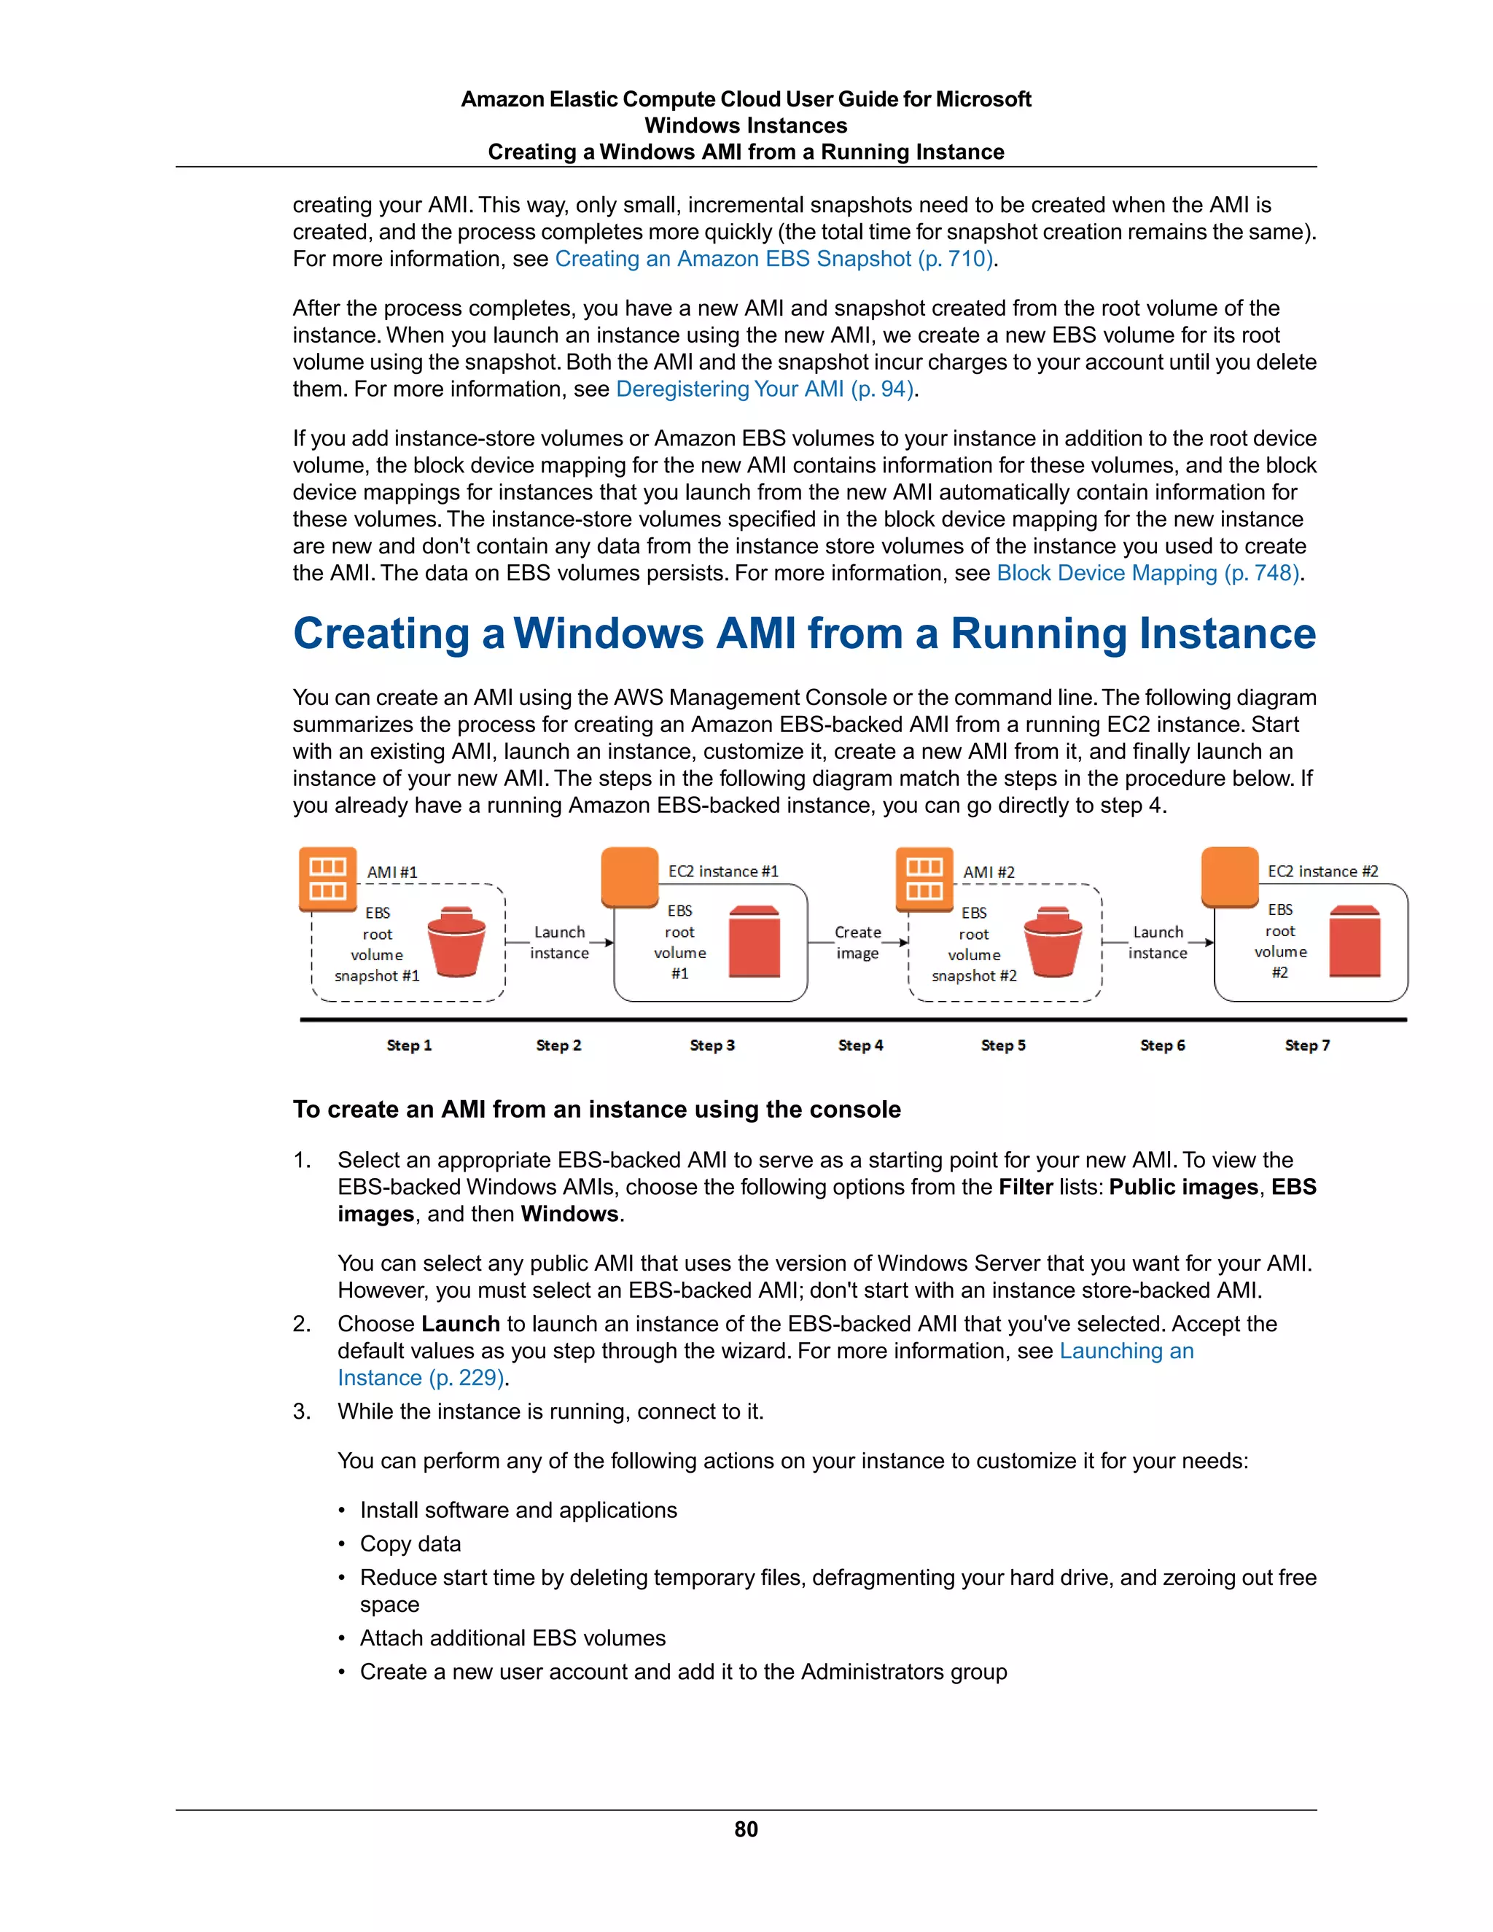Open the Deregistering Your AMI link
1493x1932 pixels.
point(765,389)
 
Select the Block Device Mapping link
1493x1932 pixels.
point(1148,573)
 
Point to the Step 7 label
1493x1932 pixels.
point(1307,1045)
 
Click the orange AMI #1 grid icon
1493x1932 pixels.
point(328,879)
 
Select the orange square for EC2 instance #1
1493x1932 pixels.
point(630,876)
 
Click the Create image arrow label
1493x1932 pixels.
point(857,943)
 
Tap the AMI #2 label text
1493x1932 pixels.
point(989,872)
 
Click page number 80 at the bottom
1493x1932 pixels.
point(746,1829)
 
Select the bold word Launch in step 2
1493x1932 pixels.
point(461,1324)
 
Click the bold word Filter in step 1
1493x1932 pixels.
point(1025,1187)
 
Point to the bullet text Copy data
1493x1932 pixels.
point(410,1543)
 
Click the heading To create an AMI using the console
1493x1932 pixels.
point(596,1110)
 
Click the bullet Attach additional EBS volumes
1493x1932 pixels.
point(512,1638)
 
